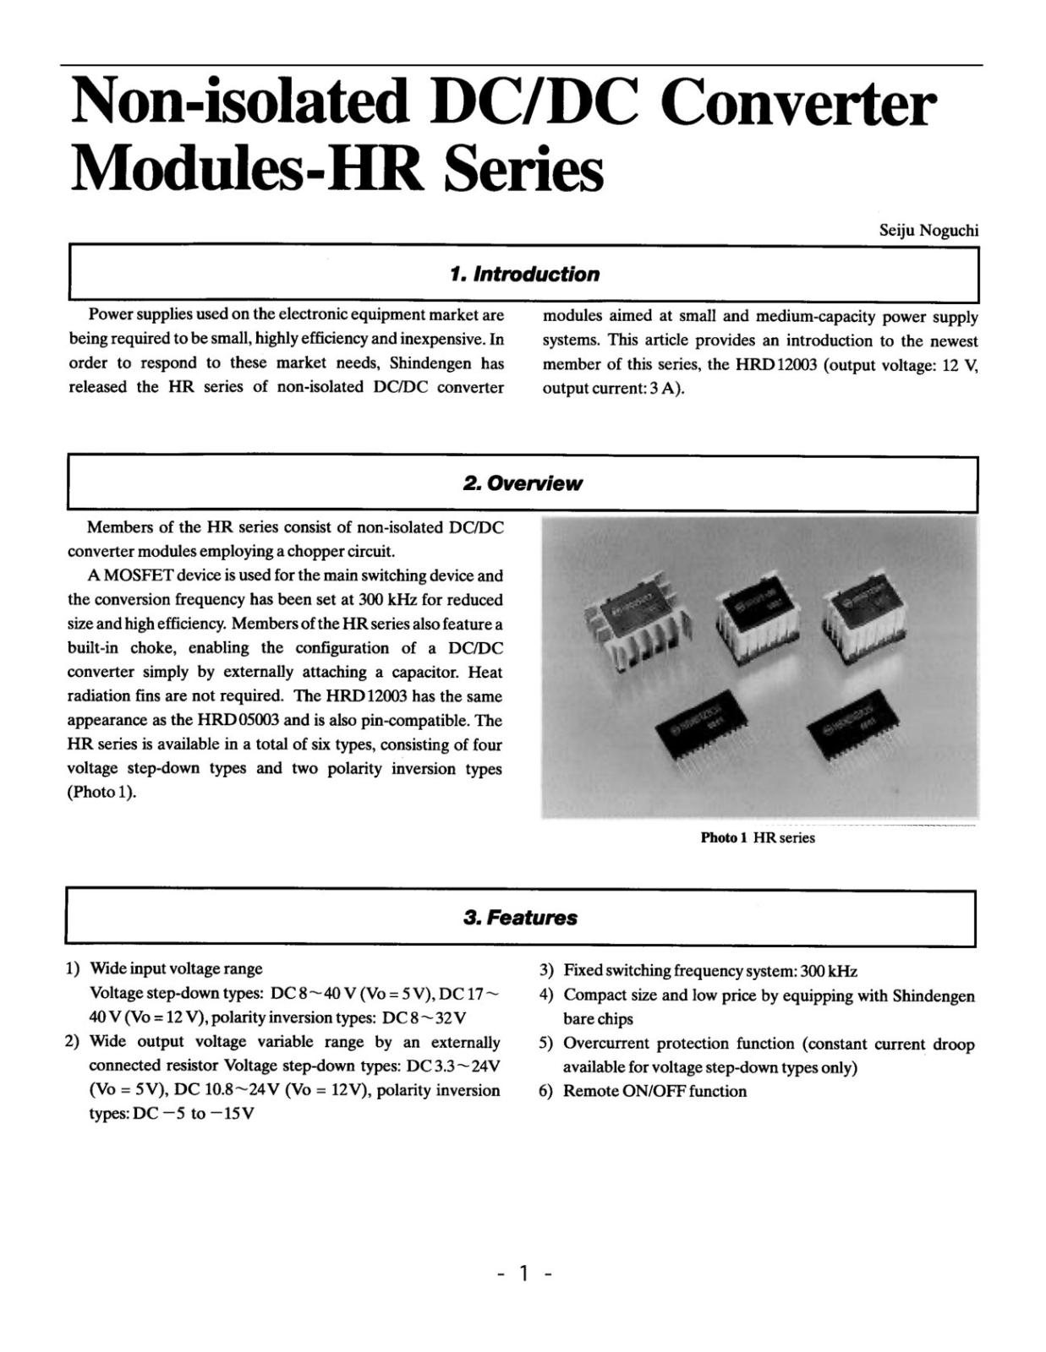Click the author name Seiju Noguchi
928,230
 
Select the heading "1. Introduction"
524,274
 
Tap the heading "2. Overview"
523,483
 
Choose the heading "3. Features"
520,918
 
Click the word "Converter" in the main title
797,103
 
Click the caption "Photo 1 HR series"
758,837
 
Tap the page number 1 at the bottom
524,1273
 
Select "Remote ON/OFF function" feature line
654,1091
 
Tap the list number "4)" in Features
546,995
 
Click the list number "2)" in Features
73,1042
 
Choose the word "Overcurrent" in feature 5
610,1044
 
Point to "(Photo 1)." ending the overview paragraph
101,793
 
